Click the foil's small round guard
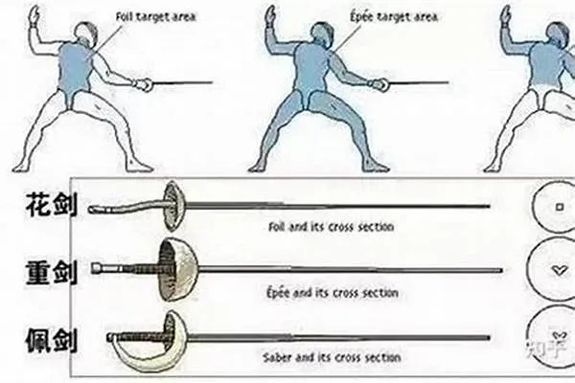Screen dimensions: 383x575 [171, 203]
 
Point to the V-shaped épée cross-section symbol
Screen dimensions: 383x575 [559, 270]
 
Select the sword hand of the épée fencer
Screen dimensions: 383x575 [379, 84]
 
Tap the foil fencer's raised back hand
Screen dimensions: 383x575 [34, 15]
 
